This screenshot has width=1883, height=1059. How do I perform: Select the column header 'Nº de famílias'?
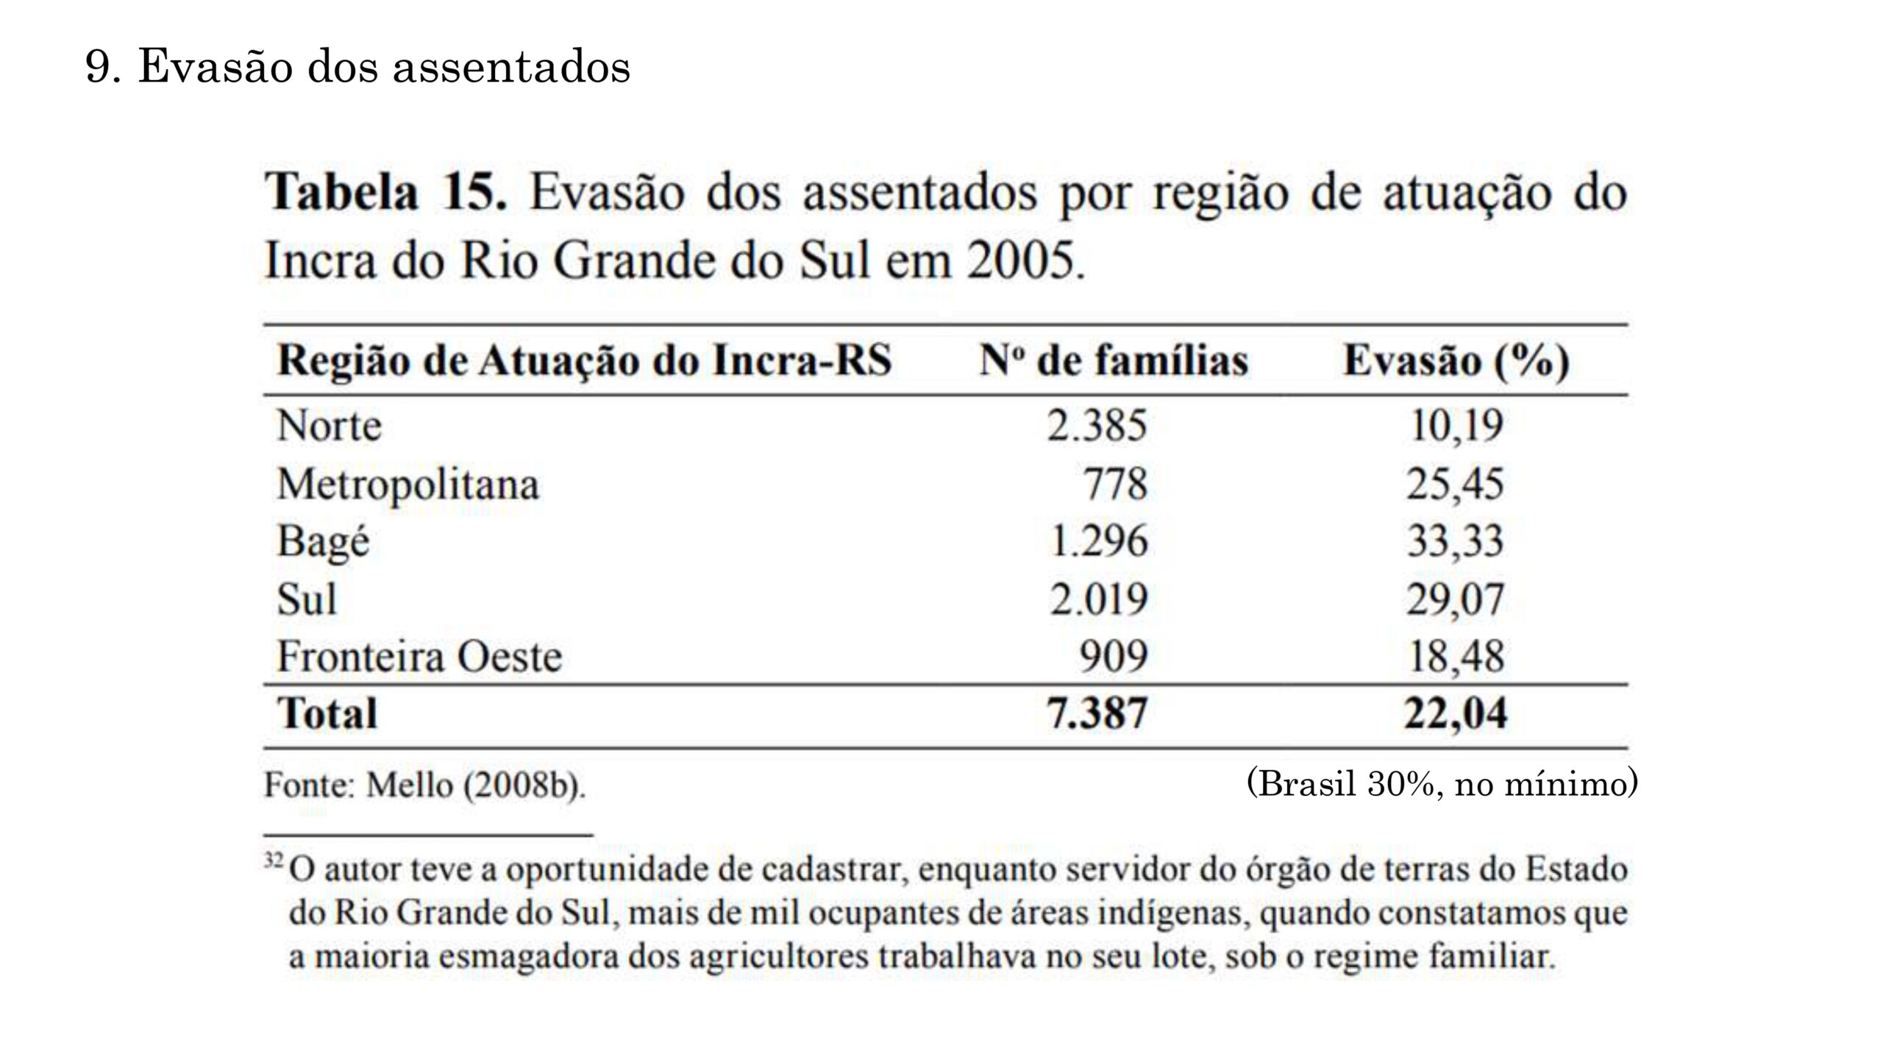tap(1114, 361)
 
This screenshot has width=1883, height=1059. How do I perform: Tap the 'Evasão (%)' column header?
tap(1456, 361)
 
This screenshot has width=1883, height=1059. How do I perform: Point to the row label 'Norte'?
tap(329, 426)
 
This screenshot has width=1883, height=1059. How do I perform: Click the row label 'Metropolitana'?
tap(407, 485)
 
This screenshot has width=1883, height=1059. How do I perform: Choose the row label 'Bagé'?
tap(323, 542)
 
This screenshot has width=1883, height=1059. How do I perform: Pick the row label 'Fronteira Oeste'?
tap(419, 657)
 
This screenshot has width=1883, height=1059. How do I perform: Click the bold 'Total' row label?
tap(327, 713)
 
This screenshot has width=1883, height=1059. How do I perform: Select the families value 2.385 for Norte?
tap(1097, 426)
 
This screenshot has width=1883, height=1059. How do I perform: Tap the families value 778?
tap(1115, 485)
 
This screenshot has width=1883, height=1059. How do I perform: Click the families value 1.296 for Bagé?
tap(1098, 542)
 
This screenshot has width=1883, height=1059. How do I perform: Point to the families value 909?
tap(1113, 657)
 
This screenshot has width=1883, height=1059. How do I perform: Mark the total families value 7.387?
tap(1097, 713)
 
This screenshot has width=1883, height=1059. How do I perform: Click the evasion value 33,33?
tap(1455, 542)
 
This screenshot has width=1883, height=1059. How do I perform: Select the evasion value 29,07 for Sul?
tap(1455, 599)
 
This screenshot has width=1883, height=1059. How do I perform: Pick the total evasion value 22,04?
tap(1455, 713)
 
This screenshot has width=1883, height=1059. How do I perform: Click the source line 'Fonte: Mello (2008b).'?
tap(425, 785)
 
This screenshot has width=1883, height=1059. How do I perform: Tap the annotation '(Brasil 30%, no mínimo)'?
tap(1442, 784)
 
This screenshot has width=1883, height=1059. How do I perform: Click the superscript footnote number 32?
tap(273, 859)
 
